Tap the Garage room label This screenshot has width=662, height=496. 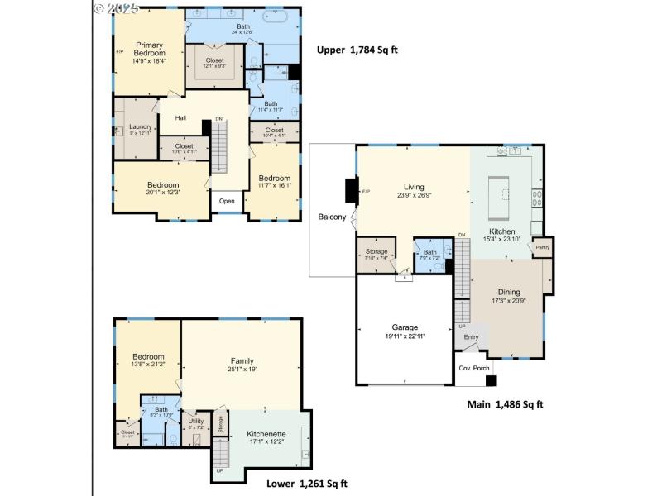pyautogui.click(x=405, y=327)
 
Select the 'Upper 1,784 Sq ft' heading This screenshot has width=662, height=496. pyautogui.click(x=357, y=50)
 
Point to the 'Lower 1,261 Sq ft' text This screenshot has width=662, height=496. pyautogui.click(x=306, y=484)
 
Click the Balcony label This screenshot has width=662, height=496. pyautogui.click(x=331, y=217)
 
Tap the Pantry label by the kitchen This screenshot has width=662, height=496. pyautogui.click(x=543, y=247)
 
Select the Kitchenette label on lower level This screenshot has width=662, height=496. pyautogui.click(x=266, y=434)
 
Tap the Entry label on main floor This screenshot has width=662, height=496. pyautogui.click(x=471, y=336)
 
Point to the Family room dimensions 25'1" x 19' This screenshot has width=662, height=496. pyautogui.click(x=242, y=370)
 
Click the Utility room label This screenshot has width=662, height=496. pyautogui.click(x=196, y=421)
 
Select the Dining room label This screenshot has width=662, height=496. pyautogui.click(x=509, y=292)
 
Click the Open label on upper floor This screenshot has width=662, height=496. pyautogui.click(x=227, y=201)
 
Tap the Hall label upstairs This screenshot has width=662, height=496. pyautogui.click(x=180, y=118)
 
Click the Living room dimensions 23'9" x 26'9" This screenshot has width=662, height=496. pyautogui.click(x=414, y=196)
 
